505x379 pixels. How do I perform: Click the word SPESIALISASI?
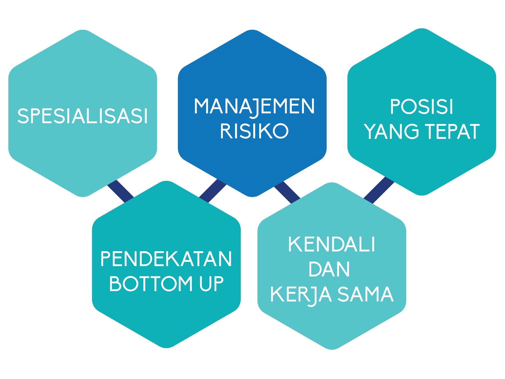click(83, 116)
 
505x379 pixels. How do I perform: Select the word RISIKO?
click(254, 131)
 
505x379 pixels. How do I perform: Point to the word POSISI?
click(422, 107)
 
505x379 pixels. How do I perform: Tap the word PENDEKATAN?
click(166, 259)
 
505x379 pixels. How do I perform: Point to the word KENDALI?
click(331, 244)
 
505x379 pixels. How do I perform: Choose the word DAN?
click(329, 269)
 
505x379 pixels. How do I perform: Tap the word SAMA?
click(366, 294)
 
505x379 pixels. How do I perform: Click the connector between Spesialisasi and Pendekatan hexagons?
click(121, 191)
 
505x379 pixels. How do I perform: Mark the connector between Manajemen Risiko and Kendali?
click(287, 192)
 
